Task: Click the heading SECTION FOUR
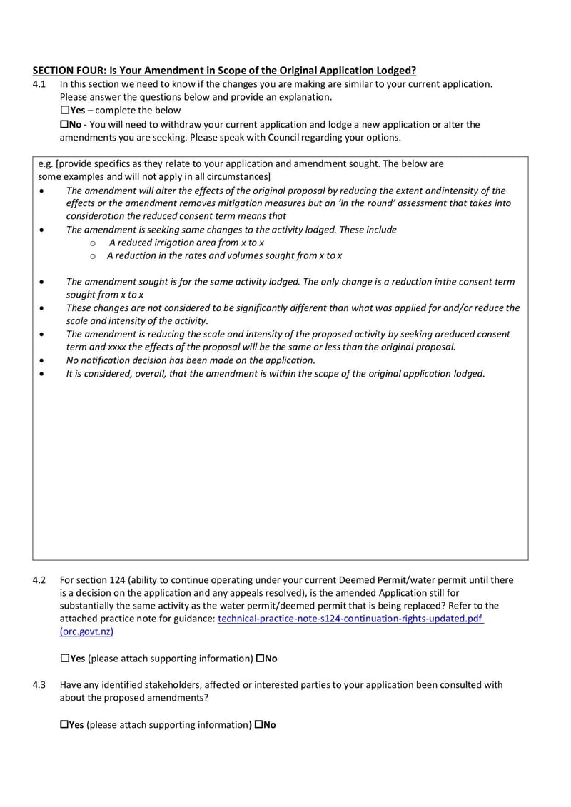[x=224, y=71]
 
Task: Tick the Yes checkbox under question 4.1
[x=65, y=111]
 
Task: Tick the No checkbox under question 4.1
[x=65, y=125]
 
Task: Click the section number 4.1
[x=39, y=84]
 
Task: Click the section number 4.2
[x=39, y=580]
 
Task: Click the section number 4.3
[x=39, y=685]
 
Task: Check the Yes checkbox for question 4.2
[x=65, y=658]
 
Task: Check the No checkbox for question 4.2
[x=260, y=658]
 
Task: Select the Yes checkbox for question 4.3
[x=65, y=725]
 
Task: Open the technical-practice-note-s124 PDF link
[x=350, y=619]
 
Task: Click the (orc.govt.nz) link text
[x=86, y=632]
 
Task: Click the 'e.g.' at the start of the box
[x=46, y=163]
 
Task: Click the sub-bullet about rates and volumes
[x=224, y=255]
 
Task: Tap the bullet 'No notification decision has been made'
[x=191, y=360]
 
